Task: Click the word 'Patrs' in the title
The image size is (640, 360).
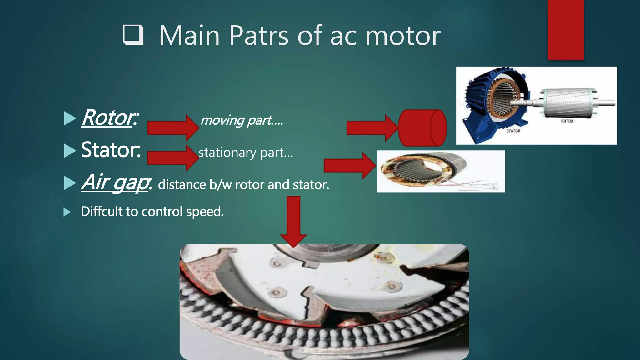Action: click(258, 36)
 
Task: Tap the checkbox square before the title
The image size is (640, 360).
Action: click(133, 35)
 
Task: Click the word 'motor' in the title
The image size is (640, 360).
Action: click(403, 36)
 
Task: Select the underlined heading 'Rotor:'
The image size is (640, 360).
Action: click(110, 118)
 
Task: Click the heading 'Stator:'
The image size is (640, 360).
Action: click(111, 150)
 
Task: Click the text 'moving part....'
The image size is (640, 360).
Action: click(242, 120)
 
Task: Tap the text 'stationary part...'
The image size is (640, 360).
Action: click(246, 152)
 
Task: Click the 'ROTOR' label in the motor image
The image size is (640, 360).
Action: click(567, 121)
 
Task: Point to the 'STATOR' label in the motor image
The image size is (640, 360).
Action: click(513, 131)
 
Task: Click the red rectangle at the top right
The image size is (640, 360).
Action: click(566, 30)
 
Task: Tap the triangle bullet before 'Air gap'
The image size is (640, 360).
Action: click(70, 183)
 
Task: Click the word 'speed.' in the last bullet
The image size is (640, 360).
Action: click(205, 212)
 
